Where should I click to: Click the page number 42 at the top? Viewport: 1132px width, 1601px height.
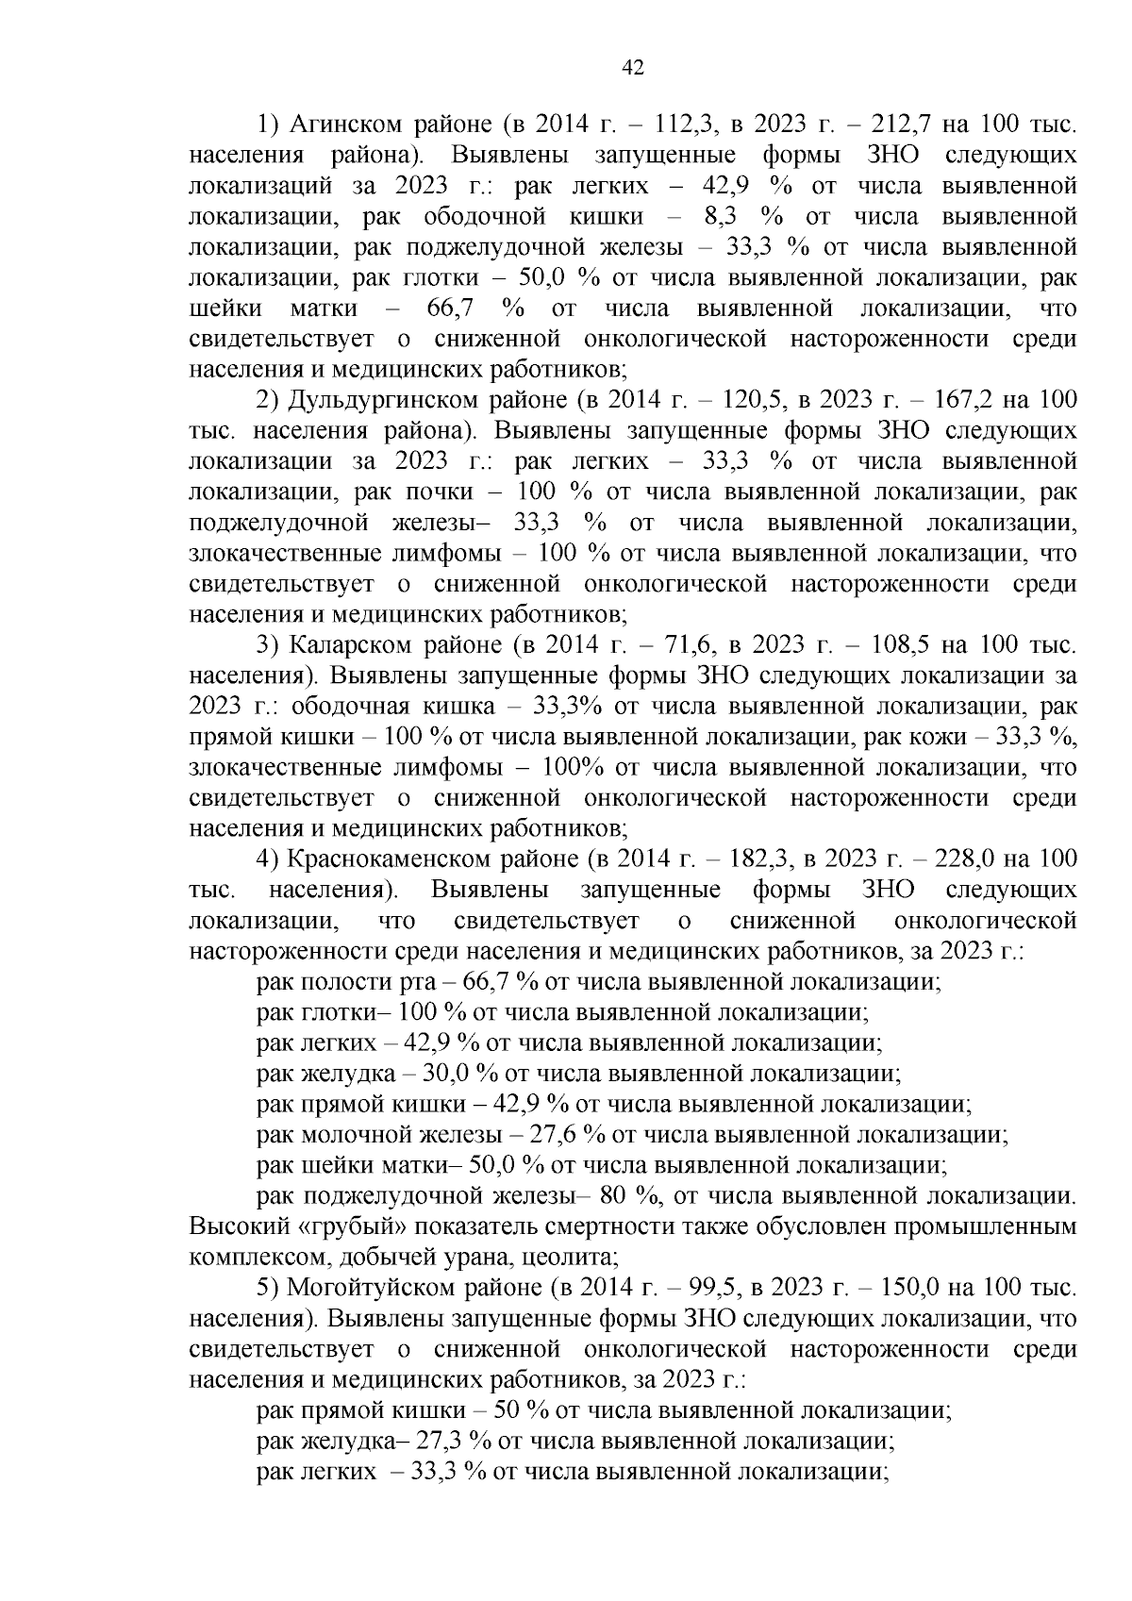point(633,66)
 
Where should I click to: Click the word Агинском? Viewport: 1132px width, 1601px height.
point(342,125)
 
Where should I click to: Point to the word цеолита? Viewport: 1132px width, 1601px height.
point(585,1258)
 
